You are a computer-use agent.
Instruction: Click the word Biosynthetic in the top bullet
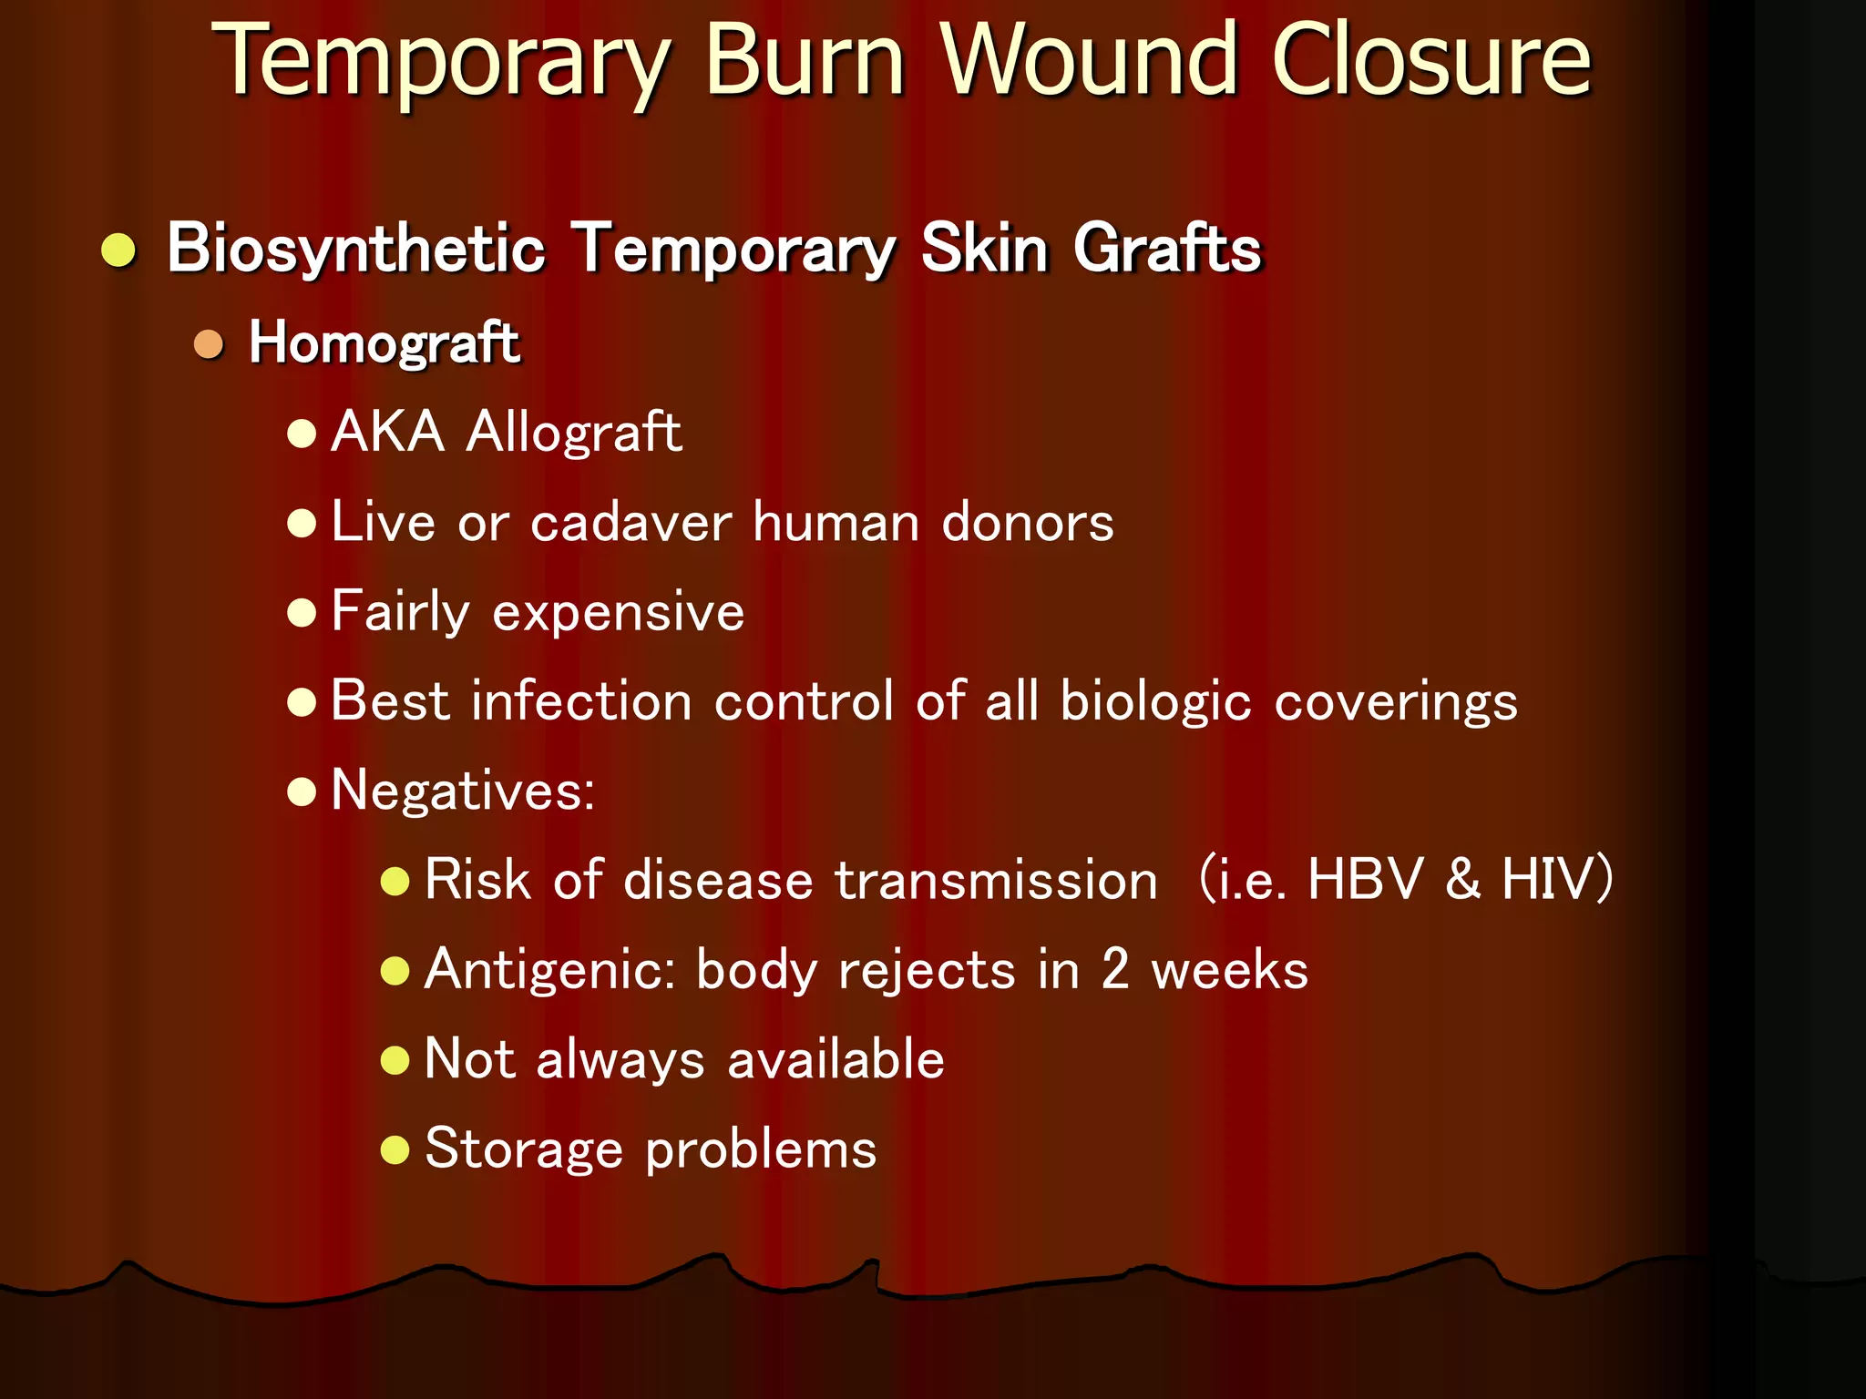click(x=356, y=249)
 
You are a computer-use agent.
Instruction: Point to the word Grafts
click(x=1167, y=249)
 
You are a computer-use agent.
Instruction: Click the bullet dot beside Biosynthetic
click(x=119, y=250)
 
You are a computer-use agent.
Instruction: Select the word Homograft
click(x=384, y=343)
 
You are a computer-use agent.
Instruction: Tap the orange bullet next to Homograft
click(x=210, y=345)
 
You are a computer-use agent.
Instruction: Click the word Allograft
click(x=573, y=432)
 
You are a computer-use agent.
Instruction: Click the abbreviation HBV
click(x=1364, y=880)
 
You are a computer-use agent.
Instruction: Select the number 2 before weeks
click(x=1115, y=969)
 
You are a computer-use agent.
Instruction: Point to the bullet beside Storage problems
click(x=395, y=1149)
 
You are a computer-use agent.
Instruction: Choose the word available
click(x=836, y=1059)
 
